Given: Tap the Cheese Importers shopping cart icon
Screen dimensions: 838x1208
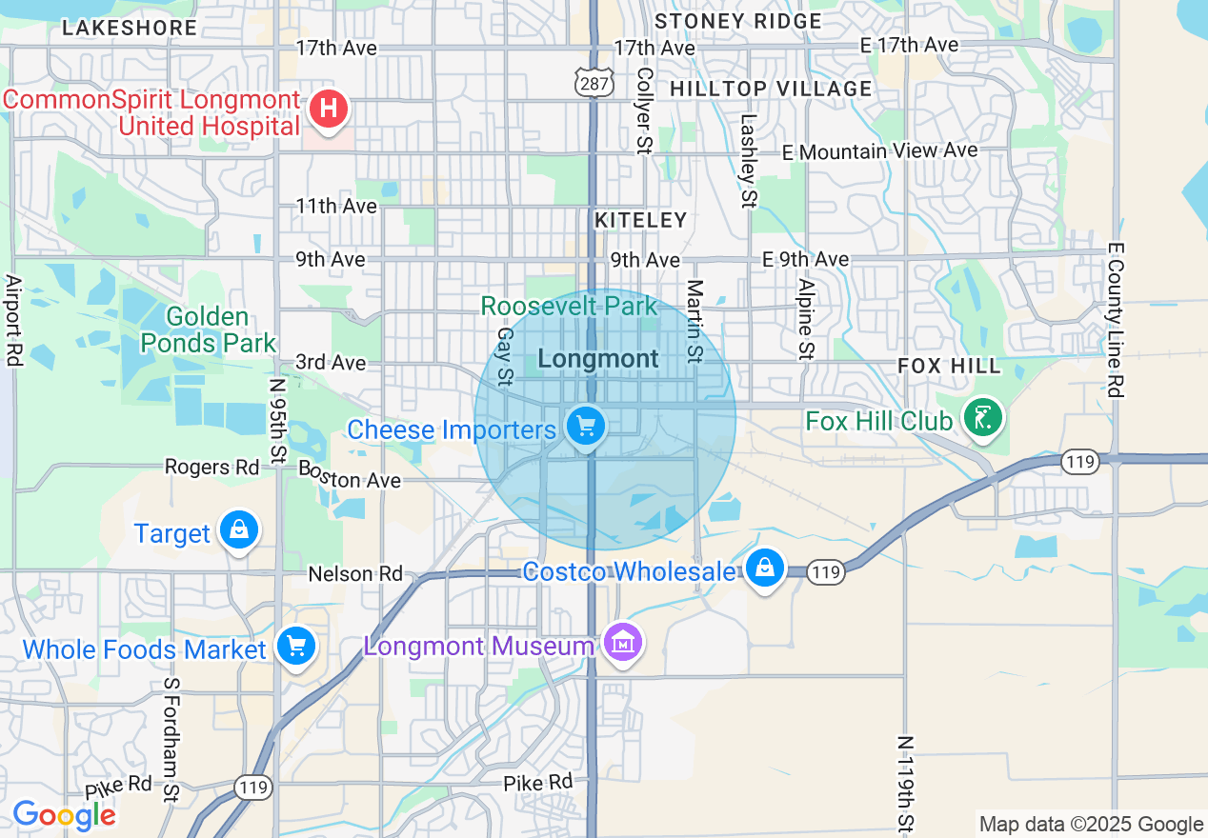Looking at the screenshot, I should tap(586, 427).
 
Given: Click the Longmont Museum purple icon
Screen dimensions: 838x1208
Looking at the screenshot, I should tap(623, 644).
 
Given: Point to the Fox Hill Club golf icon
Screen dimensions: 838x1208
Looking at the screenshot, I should tap(982, 418).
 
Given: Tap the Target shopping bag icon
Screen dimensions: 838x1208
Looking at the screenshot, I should tap(238, 530).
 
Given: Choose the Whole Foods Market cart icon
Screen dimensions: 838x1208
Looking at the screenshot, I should tap(295, 648).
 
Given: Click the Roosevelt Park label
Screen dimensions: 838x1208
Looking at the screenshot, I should tap(569, 307).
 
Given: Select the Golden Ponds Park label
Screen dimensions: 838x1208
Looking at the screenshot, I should tap(208, 329).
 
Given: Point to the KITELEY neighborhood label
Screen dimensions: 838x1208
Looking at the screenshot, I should tap(640, 221).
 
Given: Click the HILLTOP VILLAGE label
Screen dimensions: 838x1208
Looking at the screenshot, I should tap(771, 90).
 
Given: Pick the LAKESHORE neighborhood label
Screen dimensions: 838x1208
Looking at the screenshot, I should tap(130, 29).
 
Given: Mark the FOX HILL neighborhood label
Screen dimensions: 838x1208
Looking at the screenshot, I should tap(950, 367).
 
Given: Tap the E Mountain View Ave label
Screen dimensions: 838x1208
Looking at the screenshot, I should tap(879, 151).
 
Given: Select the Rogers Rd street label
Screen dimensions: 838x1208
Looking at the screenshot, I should tap(211, 468).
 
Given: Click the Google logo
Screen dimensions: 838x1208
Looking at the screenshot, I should tap(64, 815).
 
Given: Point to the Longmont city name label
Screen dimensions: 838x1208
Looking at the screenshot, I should tap(598, 359).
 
